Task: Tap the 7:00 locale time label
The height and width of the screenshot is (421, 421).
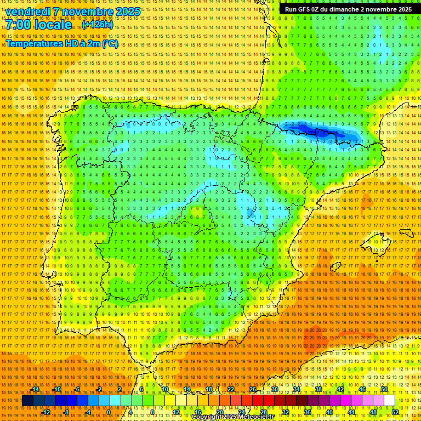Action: click(x=39, y=25)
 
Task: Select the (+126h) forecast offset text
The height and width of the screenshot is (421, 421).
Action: click(x=98, y=25)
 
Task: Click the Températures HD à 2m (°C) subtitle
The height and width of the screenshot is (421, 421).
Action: click(x=62, y=43)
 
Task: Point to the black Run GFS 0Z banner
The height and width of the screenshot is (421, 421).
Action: click(x=348, y=9)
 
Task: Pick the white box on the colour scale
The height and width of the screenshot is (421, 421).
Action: click(x=390, y=401)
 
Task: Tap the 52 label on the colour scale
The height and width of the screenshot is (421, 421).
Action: click(x=395, y=412)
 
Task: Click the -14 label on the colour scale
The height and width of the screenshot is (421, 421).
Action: click(x=35, y=389)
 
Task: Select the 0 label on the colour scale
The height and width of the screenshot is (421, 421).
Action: click(x=109, y=412)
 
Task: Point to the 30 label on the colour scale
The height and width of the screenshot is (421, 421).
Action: click(x=274, y=389)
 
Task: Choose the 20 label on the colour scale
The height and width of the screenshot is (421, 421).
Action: click(x=219, y=412)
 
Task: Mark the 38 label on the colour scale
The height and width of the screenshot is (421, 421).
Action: click(x=318, y=389)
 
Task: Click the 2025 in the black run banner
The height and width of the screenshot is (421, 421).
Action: click(x=405, y=9)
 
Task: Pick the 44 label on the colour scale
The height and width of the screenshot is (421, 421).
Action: click(x=351, y=412)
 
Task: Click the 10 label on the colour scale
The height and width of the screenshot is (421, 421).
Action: click(x=164, y=389)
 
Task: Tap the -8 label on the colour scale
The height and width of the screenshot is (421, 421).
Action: click(x=67, y=412)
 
